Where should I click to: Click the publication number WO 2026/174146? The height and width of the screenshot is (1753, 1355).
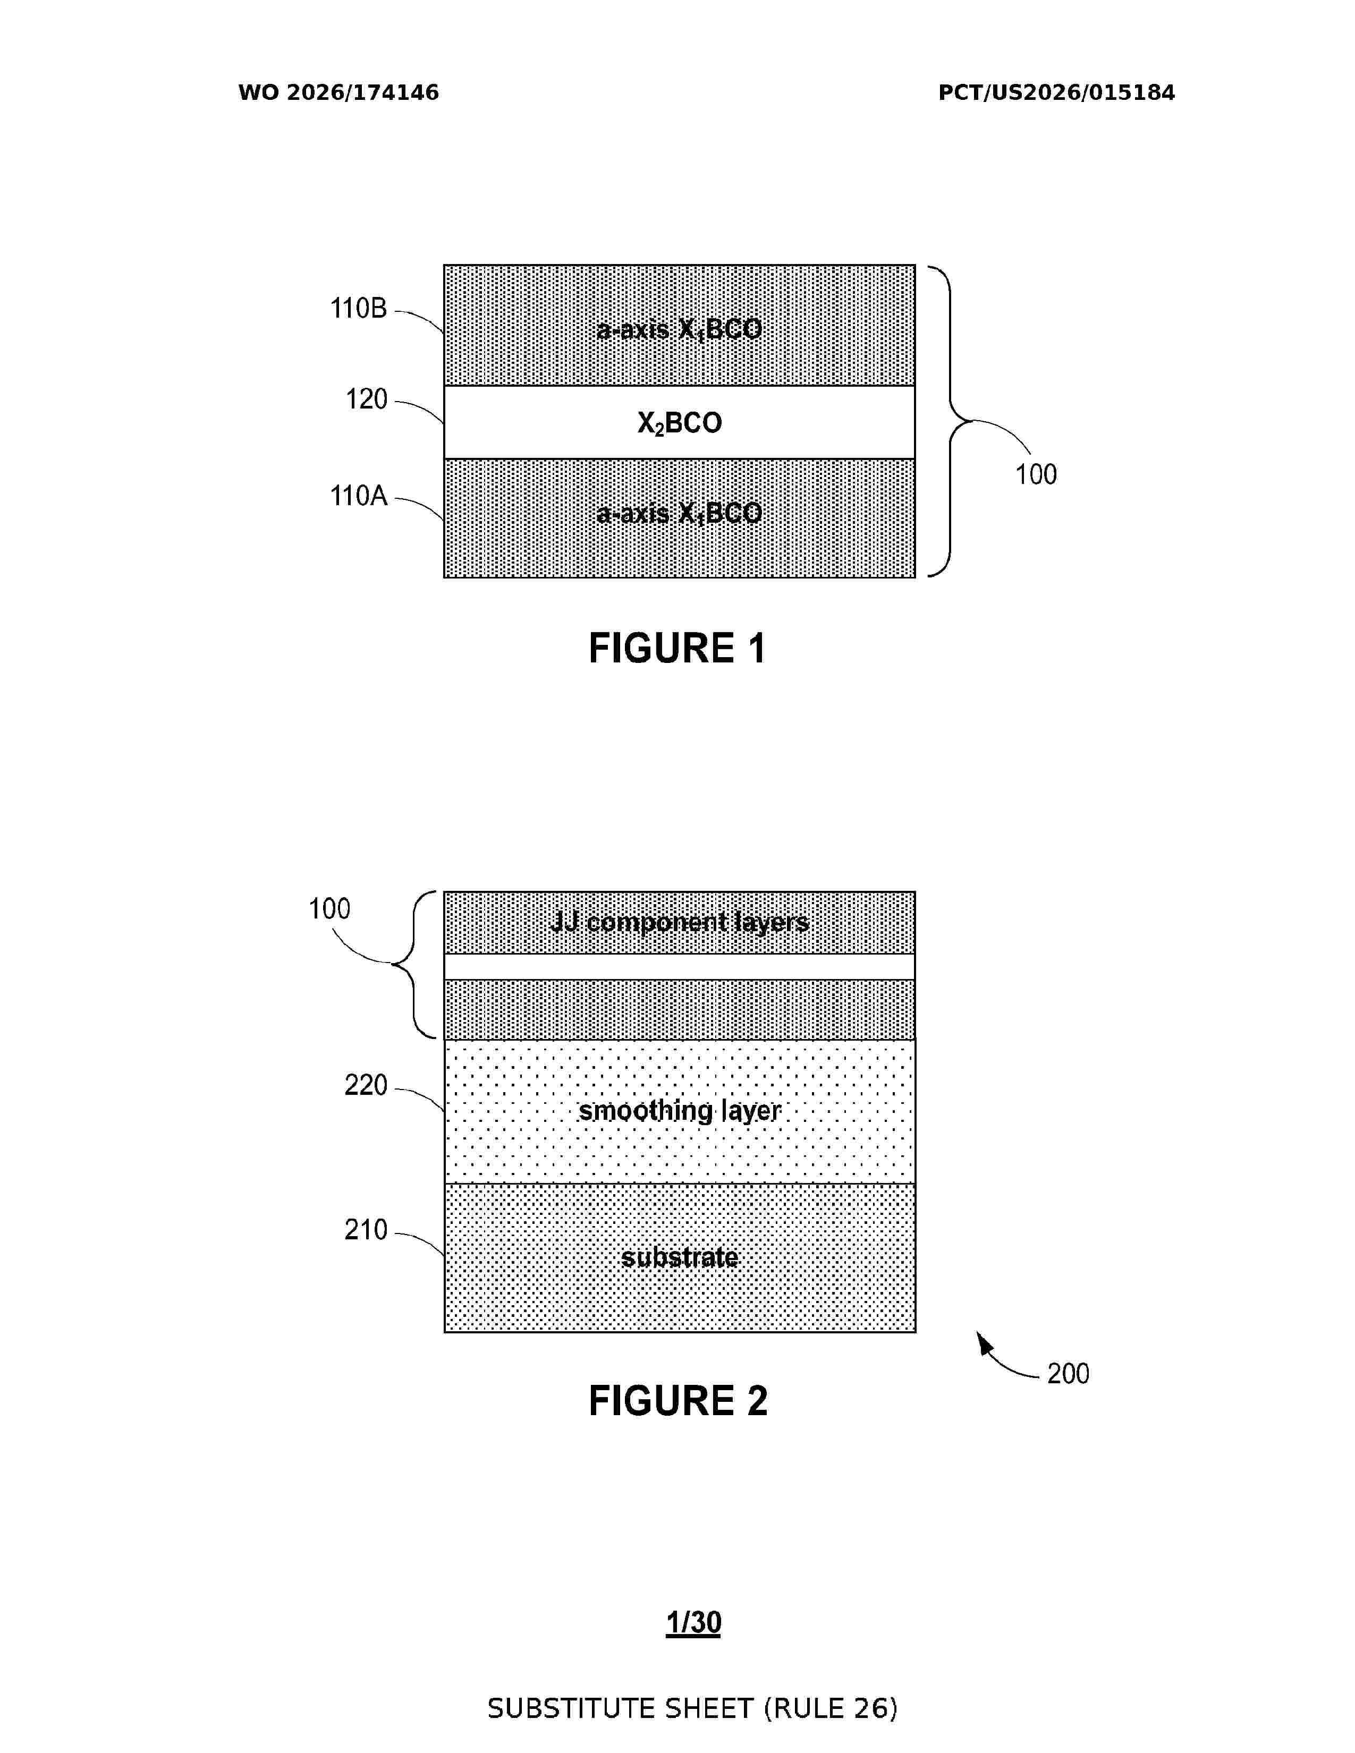pos(339,93)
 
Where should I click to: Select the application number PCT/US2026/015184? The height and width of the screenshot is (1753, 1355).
pos(1056,93)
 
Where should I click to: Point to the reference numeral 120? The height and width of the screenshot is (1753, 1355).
pos(367,399)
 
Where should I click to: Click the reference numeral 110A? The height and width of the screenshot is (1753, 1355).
pos(359,496)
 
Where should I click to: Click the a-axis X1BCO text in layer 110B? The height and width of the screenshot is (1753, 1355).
pos(679,330)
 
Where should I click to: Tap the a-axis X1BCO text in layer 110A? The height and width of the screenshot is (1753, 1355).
pos(679,514)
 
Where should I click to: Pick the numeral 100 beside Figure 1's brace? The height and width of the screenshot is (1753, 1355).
pos(1036,474)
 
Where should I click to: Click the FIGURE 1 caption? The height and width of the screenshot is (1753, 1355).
pos(677,648)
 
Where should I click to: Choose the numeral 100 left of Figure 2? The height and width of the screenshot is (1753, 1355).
pos(330,908)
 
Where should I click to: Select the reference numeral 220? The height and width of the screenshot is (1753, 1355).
pos(366,1085)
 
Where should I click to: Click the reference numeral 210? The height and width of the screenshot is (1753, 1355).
pos(366,1230)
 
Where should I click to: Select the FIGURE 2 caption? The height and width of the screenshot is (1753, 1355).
pos(679,1401)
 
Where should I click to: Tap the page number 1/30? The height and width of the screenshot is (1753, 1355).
pos(693,1622)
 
